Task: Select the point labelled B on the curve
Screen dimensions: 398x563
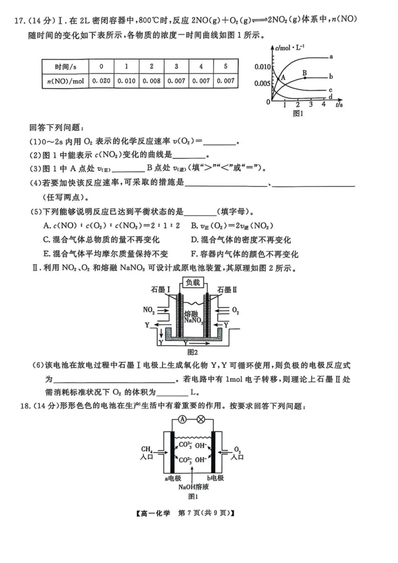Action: tap(304, 73)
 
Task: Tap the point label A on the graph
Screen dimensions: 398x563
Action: tap(282, 77)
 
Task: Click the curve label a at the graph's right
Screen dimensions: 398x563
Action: tap(331, 57)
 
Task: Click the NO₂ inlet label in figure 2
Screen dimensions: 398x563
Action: tap(148, 310)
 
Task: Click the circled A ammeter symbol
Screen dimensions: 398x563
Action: tap(183, 419)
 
